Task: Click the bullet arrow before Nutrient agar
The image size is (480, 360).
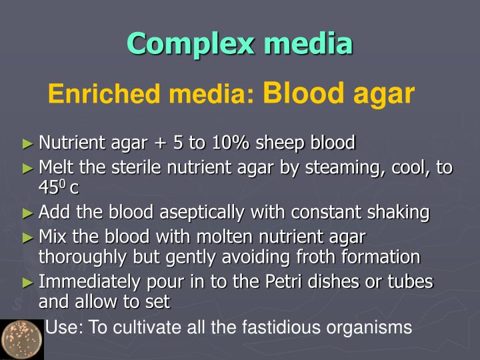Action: pos(27,143)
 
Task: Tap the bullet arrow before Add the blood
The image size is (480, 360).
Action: pos(27,213)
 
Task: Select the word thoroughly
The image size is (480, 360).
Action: pos(82,257)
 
